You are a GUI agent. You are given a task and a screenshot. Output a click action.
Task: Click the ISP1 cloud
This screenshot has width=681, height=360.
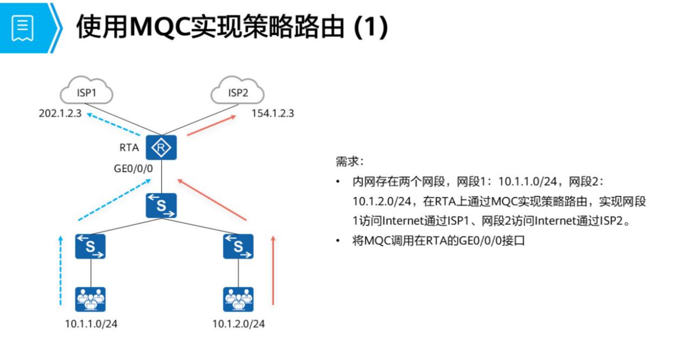point(87,92)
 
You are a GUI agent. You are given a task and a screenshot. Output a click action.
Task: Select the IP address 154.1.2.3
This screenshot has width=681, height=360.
point(273,114)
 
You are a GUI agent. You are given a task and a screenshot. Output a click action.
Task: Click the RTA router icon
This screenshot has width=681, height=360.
point(161,148)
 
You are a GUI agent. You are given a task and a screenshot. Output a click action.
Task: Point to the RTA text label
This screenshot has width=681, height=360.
point(129,148)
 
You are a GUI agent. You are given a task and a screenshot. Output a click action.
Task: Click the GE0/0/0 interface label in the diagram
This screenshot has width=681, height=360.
point(133,167)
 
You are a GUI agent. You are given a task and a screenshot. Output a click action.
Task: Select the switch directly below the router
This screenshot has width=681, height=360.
point(161,205)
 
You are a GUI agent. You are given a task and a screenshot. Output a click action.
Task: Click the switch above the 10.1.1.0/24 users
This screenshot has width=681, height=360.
point(91,246)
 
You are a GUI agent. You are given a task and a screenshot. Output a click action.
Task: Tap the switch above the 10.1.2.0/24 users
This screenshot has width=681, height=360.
point(238,246)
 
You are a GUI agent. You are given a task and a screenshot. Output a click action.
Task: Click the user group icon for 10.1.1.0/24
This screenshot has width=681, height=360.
point(91,299)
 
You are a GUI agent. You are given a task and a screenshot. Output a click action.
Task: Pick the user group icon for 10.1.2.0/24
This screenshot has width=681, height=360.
point(238,299)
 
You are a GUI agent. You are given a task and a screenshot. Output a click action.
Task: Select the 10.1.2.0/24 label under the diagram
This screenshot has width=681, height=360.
point(238,324)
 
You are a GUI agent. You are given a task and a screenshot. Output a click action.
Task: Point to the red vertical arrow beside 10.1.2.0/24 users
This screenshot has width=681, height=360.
point(273,270)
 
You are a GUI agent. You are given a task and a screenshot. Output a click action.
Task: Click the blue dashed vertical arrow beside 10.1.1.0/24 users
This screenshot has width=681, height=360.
point(60,270)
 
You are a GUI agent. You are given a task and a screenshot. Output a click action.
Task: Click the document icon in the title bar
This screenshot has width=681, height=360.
point(23,27)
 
